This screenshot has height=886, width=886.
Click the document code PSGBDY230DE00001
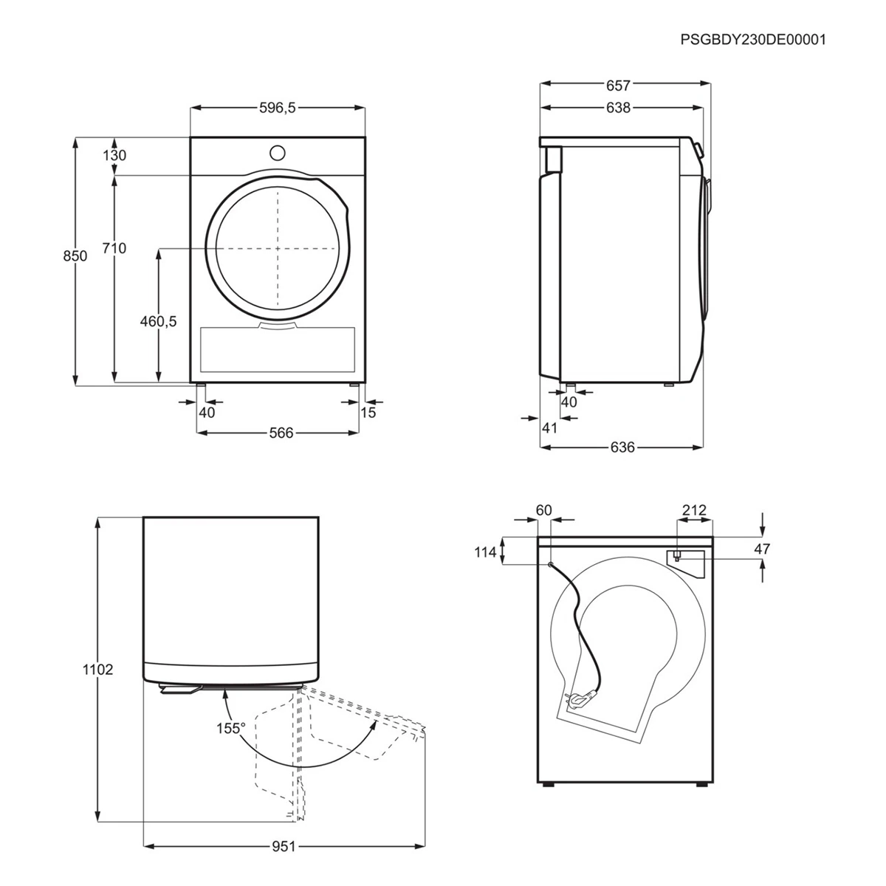753,39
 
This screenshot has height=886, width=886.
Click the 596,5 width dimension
277,108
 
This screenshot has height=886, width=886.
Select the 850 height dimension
75,256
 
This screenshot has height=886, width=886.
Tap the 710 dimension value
114,248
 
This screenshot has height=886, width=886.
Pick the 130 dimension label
114,156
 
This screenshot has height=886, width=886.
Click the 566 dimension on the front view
281,433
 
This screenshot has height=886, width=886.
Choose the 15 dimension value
368,412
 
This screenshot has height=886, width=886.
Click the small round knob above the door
277,153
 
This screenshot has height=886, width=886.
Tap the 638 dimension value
618,108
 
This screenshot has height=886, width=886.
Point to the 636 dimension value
623,447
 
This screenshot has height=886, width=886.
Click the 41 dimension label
549,427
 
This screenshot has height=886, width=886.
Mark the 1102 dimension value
99,670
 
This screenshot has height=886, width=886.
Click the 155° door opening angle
231,728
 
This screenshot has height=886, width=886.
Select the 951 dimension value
283,846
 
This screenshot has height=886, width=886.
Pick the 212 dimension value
694,509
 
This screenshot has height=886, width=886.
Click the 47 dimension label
763,549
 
